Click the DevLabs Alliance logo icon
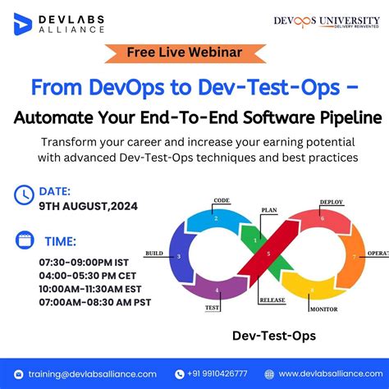pos(22,22)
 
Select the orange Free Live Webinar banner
pos(184,53)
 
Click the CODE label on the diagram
pos(221,200)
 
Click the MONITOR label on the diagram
pos(323,309)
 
